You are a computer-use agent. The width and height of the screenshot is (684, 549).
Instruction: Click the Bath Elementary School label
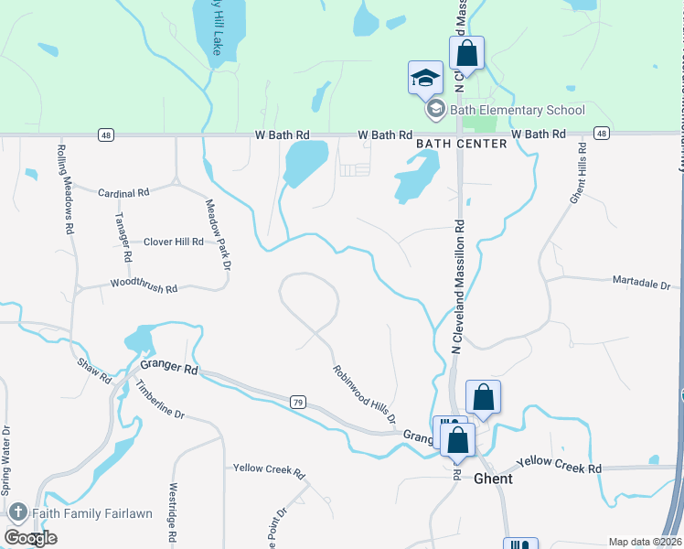(518, 111)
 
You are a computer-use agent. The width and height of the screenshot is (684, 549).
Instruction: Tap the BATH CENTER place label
(461, 144)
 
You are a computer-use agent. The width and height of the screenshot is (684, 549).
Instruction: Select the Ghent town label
(493, 479)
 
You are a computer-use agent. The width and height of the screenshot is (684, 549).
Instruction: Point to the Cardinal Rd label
(123, 193)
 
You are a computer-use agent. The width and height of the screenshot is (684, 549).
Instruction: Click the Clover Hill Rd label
(173, 242)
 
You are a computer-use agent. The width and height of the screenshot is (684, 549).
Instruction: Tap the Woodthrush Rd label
(144, 287)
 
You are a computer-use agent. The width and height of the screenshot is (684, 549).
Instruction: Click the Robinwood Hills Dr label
(364, 393)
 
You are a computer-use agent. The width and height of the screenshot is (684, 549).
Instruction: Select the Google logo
(30, 538)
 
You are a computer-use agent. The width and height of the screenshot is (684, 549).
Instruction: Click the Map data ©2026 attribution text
(646, 542)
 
